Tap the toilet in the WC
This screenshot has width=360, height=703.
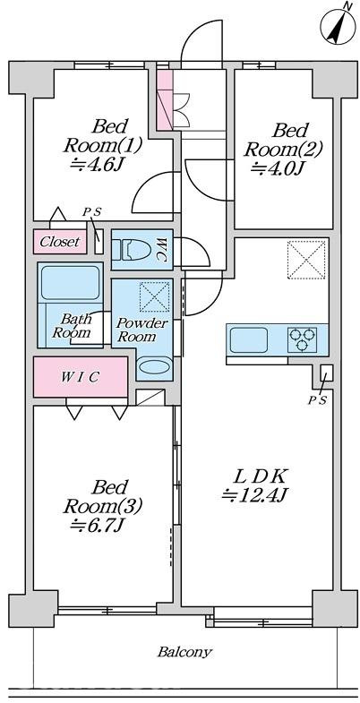pyautogui.click(x=132, y=250)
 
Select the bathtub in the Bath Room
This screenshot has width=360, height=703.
pyautogui.click(x=71, y=283)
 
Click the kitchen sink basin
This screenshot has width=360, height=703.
pyautogui.click(x=249, y=340)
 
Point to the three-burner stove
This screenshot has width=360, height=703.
pyautogui.click(x=302, y=340)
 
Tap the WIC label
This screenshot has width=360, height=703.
pyautogui.click(x=80, y=378)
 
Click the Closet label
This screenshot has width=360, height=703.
pyautogui.click(x=60, y=242)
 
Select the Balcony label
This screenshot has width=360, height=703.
pyautogui.click(x=184, y=652)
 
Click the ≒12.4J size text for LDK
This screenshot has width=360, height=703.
pyautogui.click(x=254, y=495)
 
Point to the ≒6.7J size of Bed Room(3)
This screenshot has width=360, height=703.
pyautogui.click(x=97, y=524)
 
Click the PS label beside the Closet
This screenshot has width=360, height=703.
pyautogui.click(x=93, y=212)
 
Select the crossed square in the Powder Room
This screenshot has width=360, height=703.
pyautogui.click(x=154, y=296)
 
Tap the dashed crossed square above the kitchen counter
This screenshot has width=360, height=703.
pyautogui.click(x=306, y=260)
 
